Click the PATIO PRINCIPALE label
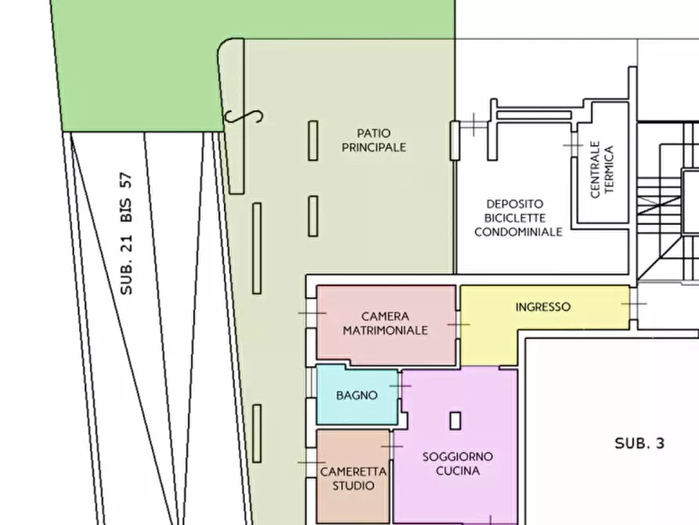pos(374,140)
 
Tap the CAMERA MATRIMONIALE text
pos(385,323)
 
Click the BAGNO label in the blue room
pos(357,395)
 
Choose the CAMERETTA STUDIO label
pos(354,479)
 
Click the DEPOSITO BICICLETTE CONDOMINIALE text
pos(518,218)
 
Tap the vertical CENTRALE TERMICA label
pos(602,169)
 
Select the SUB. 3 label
pos(640,444)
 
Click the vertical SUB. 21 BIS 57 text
pos(127,234)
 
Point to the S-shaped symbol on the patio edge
pos(243,117)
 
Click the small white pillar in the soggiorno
pos(455,421)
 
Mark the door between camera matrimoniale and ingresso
pos(458,324)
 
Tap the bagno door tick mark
pos(400,386)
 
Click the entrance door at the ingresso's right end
pos(633,304)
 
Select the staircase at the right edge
pos(668,201)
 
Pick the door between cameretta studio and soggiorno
pos(392,446)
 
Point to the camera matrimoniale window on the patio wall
pos(312,313)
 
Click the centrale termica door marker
pos(573,145)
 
